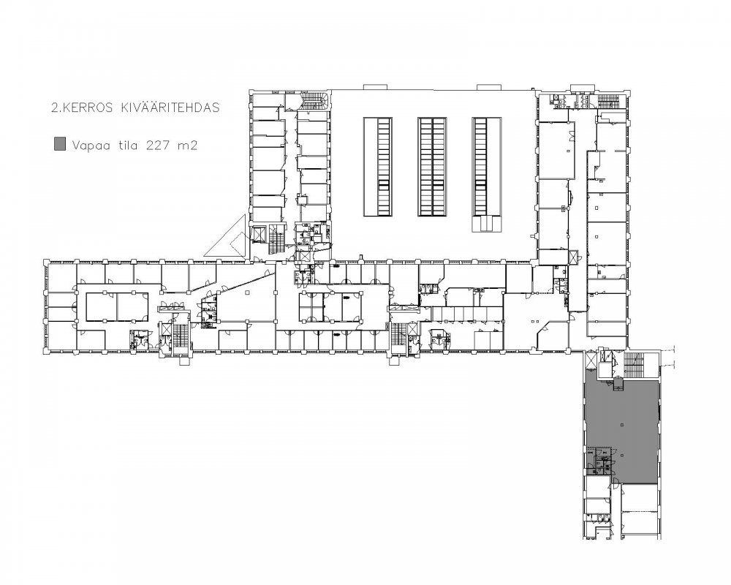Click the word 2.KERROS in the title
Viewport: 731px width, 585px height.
(83, 107)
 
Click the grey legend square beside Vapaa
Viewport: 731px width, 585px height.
(60, 144)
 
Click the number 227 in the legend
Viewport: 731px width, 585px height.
(158, 146)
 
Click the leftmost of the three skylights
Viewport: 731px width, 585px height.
(378, 167)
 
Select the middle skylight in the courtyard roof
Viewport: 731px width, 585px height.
(432, 167)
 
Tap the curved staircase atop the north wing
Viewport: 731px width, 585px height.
(314, 99)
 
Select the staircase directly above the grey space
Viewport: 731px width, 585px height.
(634, 365)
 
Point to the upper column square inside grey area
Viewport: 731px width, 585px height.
(622, 425)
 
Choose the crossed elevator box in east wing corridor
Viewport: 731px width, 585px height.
(573, 257)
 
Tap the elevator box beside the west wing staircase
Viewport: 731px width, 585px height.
(165, 329)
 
